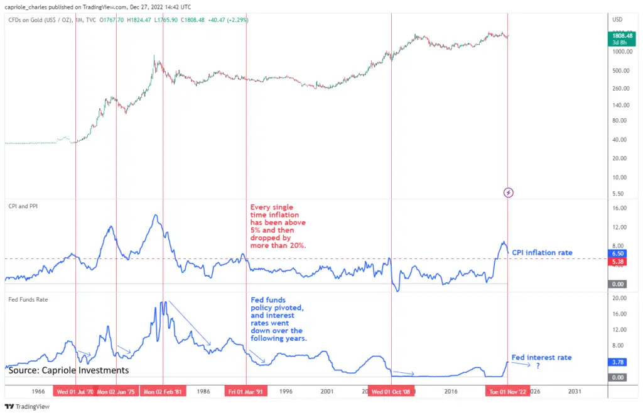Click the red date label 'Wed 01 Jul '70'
pos(75,391)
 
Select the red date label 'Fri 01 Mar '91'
pos(246,391)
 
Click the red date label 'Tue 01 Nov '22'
pos(507,391)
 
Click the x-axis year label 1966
pos(38,391)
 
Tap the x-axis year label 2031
pos(574,391)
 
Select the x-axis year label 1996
pos(286,391)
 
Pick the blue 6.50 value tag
pos(617,253)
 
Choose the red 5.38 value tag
pos(617,260)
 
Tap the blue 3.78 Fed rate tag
pos(617,362)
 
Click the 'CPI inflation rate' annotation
pos(542,253)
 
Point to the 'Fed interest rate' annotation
pos(542,357)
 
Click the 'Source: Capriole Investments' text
pos(68,370)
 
